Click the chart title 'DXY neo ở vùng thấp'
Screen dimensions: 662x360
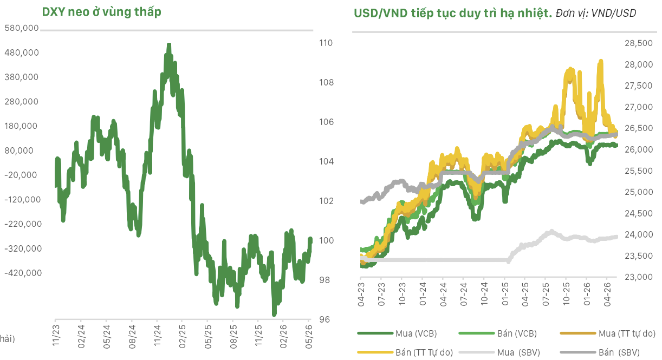[x=102, y=12]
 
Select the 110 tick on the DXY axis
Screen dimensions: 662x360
[x=326, y=43]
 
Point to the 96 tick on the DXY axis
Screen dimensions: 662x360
[x=324, y=319]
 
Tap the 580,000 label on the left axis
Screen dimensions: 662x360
[x=22, y=28]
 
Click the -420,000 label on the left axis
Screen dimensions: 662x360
[x=23, y=273]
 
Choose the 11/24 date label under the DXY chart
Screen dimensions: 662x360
[x=157, y=336]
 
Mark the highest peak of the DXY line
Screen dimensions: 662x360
[x=169, y=44]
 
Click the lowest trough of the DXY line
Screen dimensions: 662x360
[x=274, y=315]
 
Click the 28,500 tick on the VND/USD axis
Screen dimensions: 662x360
[x=638, y=43]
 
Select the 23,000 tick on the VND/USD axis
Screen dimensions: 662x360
[x=638, y=277]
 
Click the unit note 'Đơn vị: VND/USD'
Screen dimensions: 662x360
[x=596, y=14]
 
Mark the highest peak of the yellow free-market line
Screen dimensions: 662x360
[x=601, y=61]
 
